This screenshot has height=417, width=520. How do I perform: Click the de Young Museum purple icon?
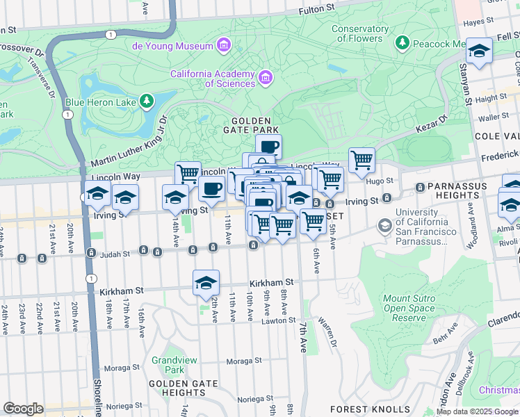tap(224, 47)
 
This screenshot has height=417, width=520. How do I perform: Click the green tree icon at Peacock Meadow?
tap(403, 44)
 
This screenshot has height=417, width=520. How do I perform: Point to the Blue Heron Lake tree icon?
tap(146, 102)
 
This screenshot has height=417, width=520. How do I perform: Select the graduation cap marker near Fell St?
tap(479, 51)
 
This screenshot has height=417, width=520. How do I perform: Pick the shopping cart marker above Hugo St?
tap(361, 160)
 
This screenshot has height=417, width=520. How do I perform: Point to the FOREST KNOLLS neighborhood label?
tap(359, 409)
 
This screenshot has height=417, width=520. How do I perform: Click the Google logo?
tap(23, 408)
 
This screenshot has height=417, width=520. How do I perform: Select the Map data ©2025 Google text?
tap(477, 411)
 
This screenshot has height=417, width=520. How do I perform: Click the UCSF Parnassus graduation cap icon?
tap(384, 226)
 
